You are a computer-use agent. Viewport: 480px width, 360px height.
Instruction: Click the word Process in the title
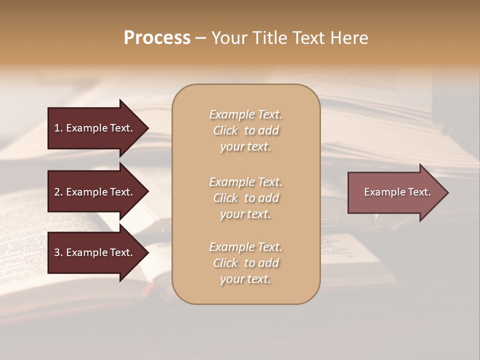[157, 38]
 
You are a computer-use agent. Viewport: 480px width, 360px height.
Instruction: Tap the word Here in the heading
[349, 38]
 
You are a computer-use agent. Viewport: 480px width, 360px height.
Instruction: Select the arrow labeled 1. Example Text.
[95, 128]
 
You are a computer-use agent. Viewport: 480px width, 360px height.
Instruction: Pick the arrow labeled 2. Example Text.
[95, 192]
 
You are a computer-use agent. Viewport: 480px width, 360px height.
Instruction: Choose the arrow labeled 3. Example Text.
[95, 252]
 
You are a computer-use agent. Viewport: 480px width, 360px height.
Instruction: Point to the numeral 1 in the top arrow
[56, 128]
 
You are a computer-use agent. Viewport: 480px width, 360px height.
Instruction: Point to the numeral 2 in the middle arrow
[57, 192]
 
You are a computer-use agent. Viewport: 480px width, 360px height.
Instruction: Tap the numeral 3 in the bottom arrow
[57, 252]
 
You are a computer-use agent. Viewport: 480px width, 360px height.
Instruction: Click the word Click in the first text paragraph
[225, 130]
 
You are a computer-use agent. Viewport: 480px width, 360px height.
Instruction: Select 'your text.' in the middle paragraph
[245, 214]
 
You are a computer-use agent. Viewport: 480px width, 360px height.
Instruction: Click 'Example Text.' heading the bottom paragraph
[245, 247]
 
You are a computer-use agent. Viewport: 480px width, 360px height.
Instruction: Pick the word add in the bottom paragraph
[269, 263]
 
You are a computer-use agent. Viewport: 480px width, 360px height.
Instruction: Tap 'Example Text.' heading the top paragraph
[245, 114]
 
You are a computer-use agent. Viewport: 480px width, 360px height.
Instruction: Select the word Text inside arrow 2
[121, 192]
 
